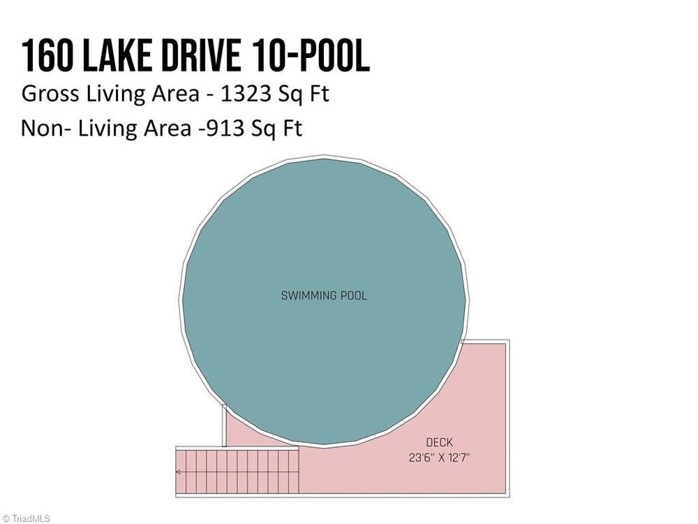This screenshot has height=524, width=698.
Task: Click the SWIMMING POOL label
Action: (x=324, y=296)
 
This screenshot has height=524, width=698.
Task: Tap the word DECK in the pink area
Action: (x=439, y=442)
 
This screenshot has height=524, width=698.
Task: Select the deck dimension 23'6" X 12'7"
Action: (x=439, y=458)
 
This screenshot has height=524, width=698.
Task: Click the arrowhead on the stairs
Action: (x=178, y=472)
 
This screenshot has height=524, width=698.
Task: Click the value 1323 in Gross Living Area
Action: (x=246, y=94)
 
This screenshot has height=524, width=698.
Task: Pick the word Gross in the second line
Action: (x=50, y=94)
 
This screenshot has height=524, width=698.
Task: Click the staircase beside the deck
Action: (x=237, y=472)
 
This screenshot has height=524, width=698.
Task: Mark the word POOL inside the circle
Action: (x=354, y=296)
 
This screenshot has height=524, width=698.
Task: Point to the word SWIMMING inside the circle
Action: (x=309, y=296)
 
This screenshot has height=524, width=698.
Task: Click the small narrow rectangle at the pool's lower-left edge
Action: (x=224, y=425)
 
